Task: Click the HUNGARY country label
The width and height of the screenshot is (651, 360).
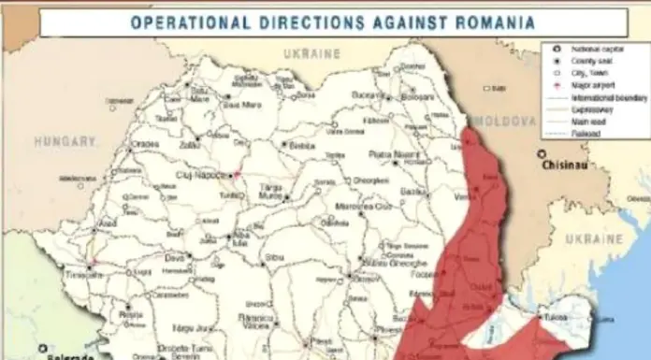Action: coord(65,141)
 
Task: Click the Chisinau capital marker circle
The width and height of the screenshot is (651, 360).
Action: coord(542,154)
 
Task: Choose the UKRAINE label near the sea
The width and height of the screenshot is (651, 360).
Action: coord(595,239)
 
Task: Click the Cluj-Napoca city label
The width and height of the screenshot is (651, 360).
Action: coord(201,175)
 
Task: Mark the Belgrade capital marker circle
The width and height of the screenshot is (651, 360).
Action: coord(43,350)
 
